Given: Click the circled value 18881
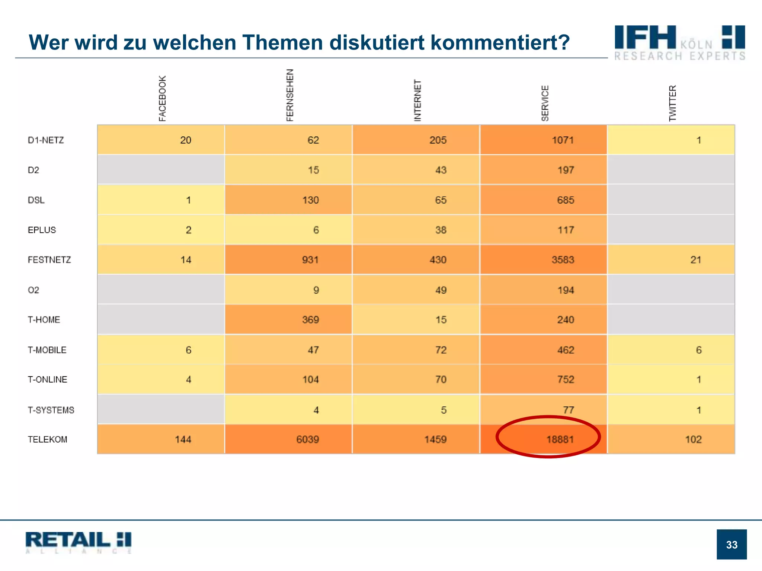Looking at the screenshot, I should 560,439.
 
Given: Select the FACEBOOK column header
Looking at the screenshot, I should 163,99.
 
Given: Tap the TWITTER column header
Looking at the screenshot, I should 672,103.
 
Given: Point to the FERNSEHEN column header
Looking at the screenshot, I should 290,95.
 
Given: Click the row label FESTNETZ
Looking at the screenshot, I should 49,260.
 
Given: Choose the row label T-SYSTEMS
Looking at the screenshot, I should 51,410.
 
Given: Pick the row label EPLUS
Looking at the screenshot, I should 42,230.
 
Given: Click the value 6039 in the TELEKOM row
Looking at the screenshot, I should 307,439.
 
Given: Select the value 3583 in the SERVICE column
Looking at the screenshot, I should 563,260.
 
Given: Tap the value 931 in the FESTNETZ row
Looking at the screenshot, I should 310,260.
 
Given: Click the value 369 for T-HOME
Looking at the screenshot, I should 310,320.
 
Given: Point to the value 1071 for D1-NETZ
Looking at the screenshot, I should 563,140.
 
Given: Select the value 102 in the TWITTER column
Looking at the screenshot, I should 693,439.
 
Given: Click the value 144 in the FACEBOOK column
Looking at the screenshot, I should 183,439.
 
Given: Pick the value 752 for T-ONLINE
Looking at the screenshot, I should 566,380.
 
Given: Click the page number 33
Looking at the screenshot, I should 731,545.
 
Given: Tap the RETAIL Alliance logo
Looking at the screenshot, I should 79,542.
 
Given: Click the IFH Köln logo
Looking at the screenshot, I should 679,42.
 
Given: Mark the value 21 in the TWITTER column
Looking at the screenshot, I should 695,260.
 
